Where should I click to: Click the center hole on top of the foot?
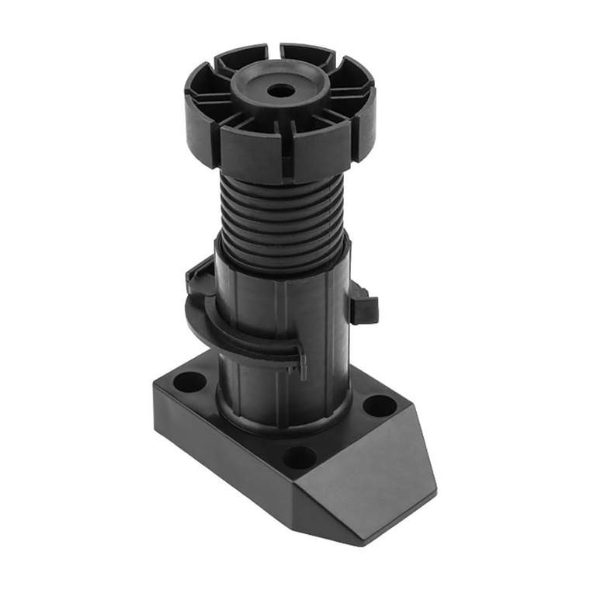pos(281,91)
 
